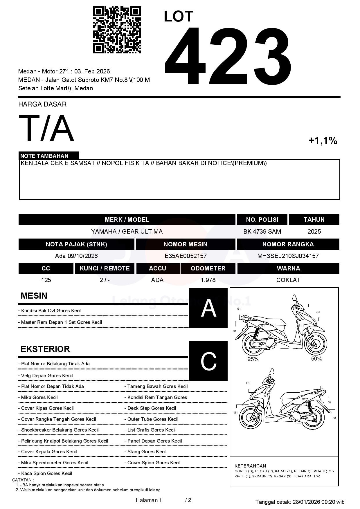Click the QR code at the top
pos(117,30)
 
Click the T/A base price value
pos(46,128)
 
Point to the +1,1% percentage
pos(323,141)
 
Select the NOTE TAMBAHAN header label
pos(44,156)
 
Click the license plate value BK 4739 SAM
pos(262,232)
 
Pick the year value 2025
pos(314,232)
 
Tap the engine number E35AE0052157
pos(186,256)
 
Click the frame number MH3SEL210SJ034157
pos(288,256)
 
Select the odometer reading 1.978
pos(208,280)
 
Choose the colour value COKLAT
pos(288,280)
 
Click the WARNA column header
pos(288,268)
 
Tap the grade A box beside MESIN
pos(208,308)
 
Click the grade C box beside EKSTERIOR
pos(208,361)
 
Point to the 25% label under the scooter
pos(253,359)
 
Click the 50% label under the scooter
pos(316,359)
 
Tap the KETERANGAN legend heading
pos(250,466)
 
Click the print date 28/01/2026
pos(306,502)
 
